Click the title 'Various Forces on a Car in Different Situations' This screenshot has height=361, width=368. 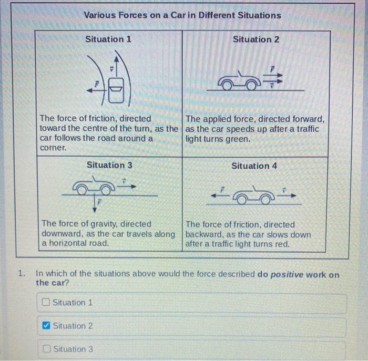point(182,15)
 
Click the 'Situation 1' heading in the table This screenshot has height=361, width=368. point(108,39)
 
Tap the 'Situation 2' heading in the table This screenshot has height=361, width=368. point(256,39)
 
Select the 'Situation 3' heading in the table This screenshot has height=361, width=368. point(109,164)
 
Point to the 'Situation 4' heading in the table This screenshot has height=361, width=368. point(254,166)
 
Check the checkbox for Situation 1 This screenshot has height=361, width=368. point(46,303)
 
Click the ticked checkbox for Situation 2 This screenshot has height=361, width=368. point(46,326)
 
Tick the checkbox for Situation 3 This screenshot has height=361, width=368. point(46,349)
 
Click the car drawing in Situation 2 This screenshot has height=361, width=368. point(240,82)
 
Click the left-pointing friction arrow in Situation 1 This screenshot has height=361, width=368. point(95,90)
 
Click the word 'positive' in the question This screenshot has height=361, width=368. point(288,274)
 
